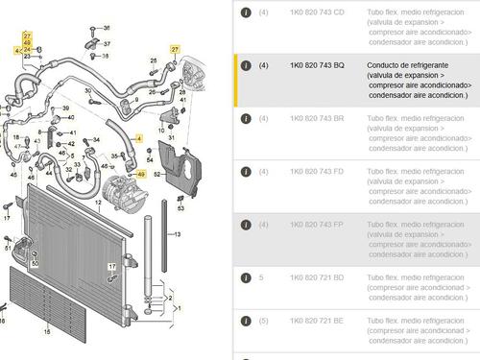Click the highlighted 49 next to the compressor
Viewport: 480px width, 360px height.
coord(141,174)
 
